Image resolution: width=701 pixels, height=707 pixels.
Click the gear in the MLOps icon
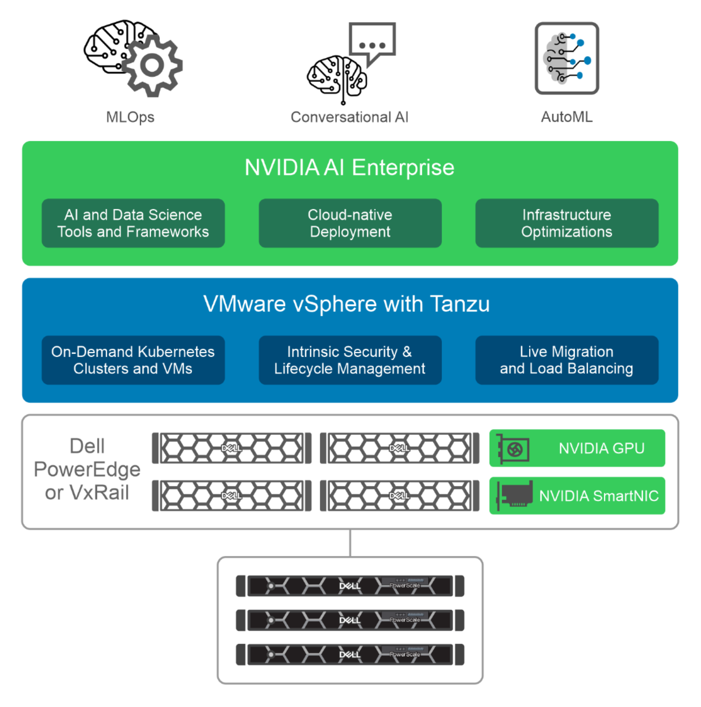[152, 66]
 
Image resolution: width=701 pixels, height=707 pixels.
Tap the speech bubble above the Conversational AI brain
[372, 41]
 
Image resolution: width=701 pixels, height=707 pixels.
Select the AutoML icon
[567, 58]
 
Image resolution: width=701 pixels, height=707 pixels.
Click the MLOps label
[130, 117]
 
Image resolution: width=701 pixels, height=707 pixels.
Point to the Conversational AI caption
[349, 117]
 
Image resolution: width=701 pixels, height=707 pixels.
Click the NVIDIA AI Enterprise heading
[349, 167]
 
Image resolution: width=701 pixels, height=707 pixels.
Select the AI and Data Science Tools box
[133, 223]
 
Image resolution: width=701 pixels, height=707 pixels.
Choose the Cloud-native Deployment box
[350, 223]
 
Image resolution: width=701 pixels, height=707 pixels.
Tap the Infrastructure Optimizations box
[567, 223]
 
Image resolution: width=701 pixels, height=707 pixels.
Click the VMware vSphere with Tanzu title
[347, 304]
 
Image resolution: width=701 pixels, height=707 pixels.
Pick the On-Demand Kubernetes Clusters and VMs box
[133, 360]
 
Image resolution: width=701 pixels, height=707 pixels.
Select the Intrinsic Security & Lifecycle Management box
[350, 360]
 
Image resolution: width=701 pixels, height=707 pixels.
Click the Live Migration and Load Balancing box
[567, 360]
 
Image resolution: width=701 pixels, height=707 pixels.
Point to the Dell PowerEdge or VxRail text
[87, 469]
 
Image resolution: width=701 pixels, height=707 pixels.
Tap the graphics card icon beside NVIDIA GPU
[513, 449]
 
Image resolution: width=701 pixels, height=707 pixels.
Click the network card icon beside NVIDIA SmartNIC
[515, 495]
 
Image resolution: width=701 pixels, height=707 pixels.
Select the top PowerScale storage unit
[350, 585]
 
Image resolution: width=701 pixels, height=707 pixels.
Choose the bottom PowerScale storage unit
[350, 654]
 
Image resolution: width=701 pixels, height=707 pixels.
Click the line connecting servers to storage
[350, 543]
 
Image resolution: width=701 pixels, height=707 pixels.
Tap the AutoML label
[567, 117]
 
